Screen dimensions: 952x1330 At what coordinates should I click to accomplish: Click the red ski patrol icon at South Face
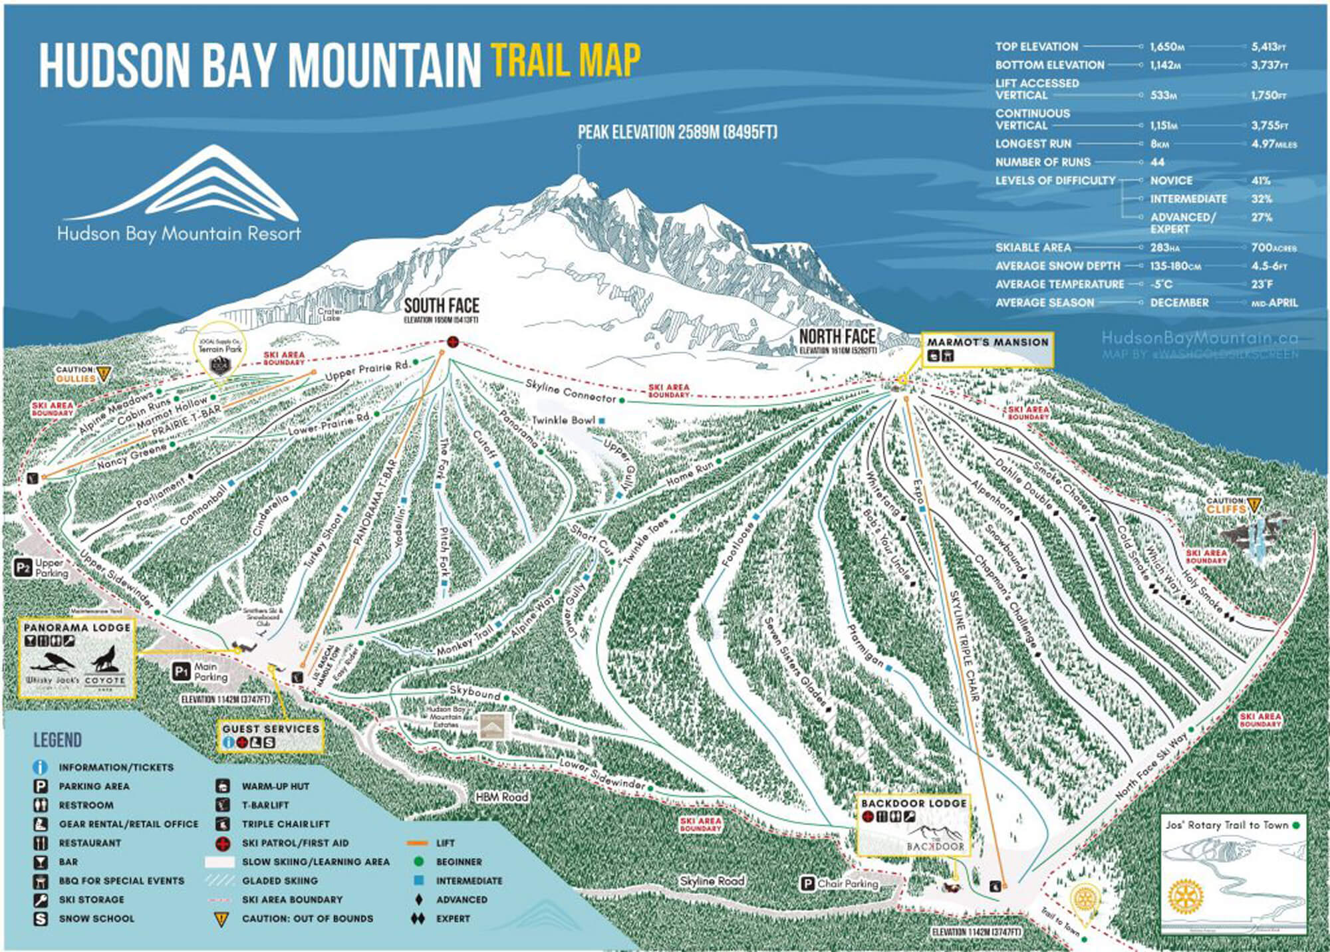click(453, 342)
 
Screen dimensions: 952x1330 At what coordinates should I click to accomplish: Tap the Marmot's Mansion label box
click(988, 349)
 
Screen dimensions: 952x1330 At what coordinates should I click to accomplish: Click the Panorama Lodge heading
click(77, 628)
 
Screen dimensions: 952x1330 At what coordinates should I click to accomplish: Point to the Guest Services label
click(271, 729)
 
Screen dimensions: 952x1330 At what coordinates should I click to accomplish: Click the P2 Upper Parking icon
click(23, 568)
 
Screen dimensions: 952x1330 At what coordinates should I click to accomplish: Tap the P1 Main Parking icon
click(182, 671)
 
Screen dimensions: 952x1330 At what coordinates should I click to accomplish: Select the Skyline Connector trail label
click(571, 392)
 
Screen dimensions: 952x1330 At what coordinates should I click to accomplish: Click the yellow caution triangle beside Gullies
click(103, 374)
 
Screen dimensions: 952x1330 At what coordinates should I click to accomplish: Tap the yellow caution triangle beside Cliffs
click(1254, 504)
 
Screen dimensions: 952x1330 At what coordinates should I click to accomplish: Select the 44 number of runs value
click(1157, 162)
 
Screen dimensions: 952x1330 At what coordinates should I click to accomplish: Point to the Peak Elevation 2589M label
click(677, 132)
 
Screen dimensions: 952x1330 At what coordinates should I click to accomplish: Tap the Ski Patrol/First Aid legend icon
click(223, 843)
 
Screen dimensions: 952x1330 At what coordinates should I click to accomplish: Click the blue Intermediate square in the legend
click(418, 881)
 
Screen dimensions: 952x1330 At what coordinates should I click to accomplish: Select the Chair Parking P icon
click(807, 884)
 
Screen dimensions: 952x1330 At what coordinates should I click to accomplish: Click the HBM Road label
click(501, 796)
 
